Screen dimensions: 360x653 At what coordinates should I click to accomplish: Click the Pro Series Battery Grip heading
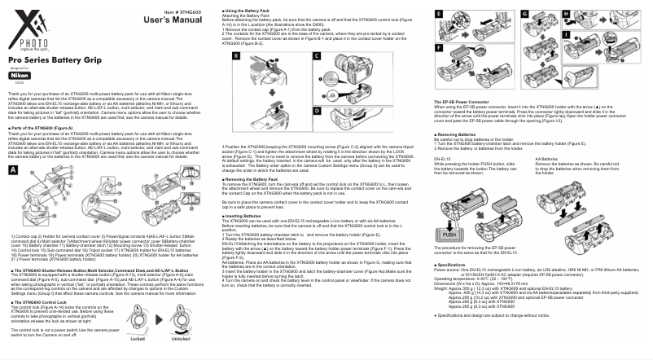[x=50, y=60]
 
